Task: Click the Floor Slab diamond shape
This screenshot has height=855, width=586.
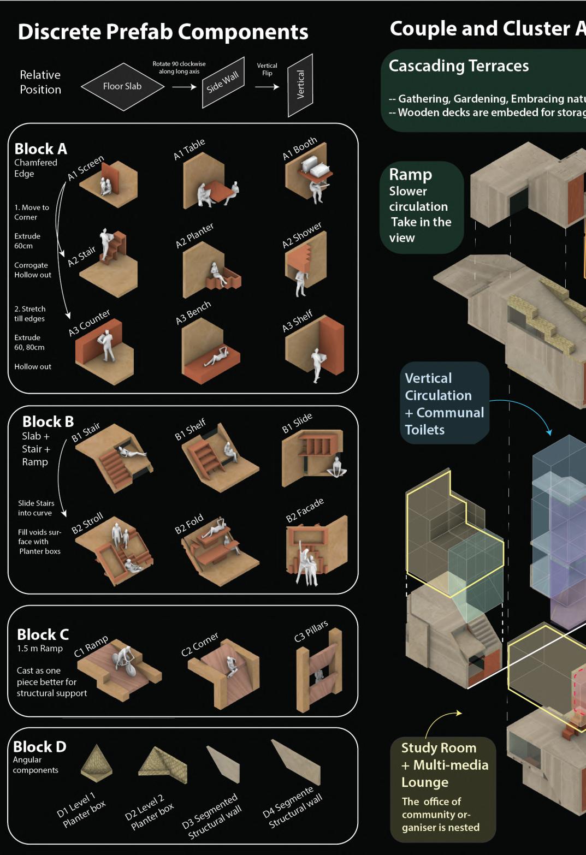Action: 122,86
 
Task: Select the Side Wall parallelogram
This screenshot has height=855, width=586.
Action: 223,82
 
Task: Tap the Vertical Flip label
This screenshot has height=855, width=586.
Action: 267,69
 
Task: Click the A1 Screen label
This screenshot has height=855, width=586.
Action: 85,168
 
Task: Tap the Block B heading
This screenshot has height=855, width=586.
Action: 48,421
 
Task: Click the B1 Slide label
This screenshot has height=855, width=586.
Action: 297,423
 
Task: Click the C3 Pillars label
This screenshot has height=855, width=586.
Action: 311,631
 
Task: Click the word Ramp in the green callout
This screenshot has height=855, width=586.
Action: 410,175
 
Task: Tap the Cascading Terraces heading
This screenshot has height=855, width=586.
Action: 459,66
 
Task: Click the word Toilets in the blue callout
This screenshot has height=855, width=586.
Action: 424,430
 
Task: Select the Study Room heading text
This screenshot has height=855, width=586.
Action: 439,747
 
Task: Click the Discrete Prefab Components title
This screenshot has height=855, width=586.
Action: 163,32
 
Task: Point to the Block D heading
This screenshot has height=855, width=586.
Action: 39,746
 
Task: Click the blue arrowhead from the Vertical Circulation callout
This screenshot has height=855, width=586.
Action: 549,432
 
